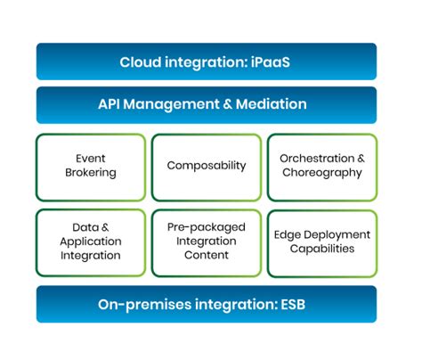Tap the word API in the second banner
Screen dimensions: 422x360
tap(109, 104)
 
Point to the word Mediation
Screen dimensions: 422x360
tap(271, 104)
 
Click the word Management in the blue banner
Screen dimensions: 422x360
tap(171, 105)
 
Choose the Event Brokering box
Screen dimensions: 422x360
tap(91, 168)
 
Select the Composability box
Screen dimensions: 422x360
tap(207, 168)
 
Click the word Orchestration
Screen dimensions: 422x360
tap(317, 159)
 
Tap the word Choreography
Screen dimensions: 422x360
tap(322, 173)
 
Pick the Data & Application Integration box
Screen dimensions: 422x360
tap(91, 243)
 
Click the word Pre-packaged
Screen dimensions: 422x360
tap(207, 227)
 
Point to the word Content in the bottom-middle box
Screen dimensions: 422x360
tap(207, 255)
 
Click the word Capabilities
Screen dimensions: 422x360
tap(322, 249)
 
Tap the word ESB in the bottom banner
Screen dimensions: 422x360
tap(293, 305)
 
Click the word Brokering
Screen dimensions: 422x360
tap(91, 173)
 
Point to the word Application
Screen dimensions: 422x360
tap(91, 241)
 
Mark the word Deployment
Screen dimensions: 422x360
tap(337, 235)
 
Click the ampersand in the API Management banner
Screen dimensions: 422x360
tap(227, 104)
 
